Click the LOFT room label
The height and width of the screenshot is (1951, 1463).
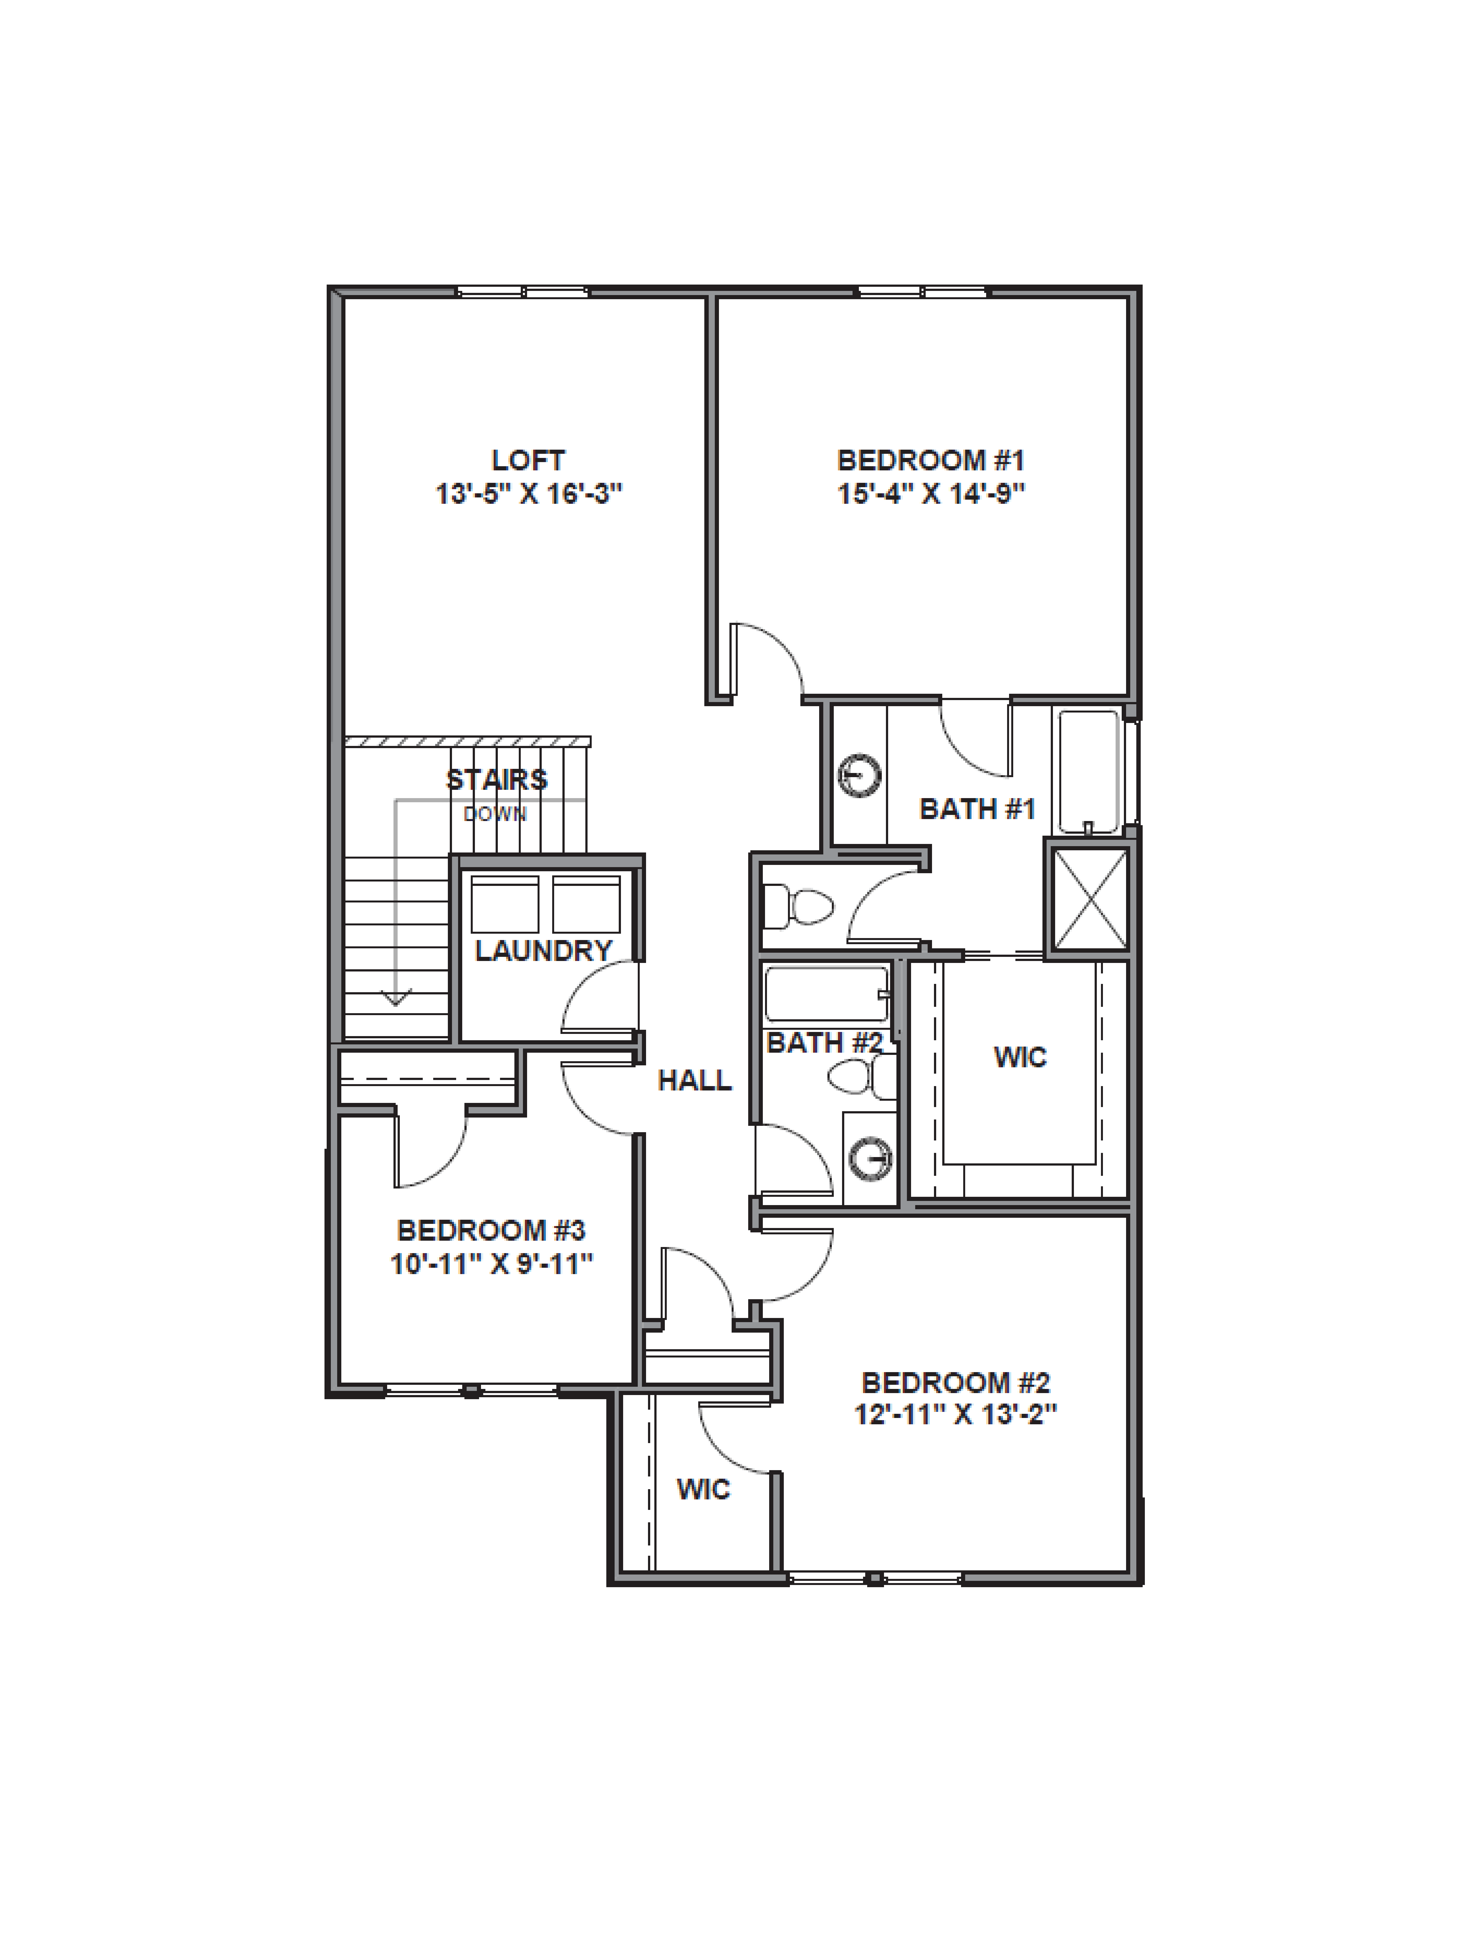tap(528, 460)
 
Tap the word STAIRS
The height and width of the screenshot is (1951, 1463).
tap(497, 780)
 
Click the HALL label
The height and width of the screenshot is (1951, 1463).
tap(695, 1080)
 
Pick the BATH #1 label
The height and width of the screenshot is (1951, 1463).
tap(977, 809)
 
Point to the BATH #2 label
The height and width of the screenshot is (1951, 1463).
tap(825, 1042)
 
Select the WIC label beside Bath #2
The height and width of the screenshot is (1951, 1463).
tap(1020, 1057)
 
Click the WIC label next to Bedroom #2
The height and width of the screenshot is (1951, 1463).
tap(703, 1490)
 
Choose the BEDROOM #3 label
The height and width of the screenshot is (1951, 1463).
tap(491, 1230)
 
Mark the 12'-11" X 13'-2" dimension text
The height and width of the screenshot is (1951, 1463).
tap(956, 1414)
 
